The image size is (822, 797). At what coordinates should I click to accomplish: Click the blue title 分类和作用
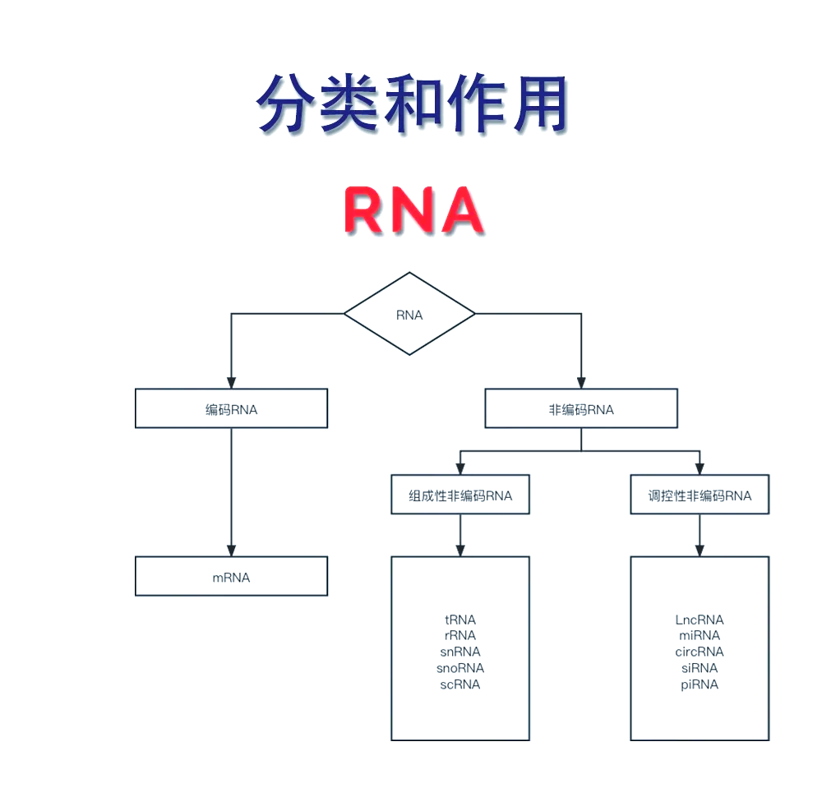coord(412,104)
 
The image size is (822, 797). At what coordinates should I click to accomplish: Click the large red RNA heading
coord(413,210)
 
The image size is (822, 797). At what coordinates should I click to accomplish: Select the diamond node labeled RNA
coord(409,315)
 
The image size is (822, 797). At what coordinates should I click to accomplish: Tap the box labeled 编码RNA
coord(231,408)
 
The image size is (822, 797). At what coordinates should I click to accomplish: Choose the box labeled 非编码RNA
coord(581,408)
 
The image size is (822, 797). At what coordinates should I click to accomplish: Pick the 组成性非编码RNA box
coord(460,495)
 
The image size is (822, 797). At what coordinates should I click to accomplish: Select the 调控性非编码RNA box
coord(700,495)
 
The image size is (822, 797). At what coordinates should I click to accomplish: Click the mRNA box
coord(231,577)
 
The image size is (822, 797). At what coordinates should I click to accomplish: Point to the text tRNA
coord(460,620)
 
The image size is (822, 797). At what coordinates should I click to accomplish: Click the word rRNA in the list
coord(460,635)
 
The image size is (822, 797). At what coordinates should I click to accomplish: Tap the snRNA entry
coord(460,652)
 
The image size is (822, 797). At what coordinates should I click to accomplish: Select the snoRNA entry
coord(460,668)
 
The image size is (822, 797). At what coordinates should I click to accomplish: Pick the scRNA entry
coord(460,684)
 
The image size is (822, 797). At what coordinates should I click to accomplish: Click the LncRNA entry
coord(700,620)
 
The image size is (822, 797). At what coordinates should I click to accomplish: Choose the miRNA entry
coord(700,635)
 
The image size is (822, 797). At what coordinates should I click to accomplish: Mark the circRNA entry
coord(700,652)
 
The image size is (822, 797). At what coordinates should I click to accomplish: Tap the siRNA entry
coord(700,668)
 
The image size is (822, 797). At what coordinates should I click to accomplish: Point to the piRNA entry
coord(700,684)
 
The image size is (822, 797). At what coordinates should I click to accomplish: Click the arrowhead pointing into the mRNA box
coord(231,551)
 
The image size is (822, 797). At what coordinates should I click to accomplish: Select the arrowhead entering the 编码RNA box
coord(231,383)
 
